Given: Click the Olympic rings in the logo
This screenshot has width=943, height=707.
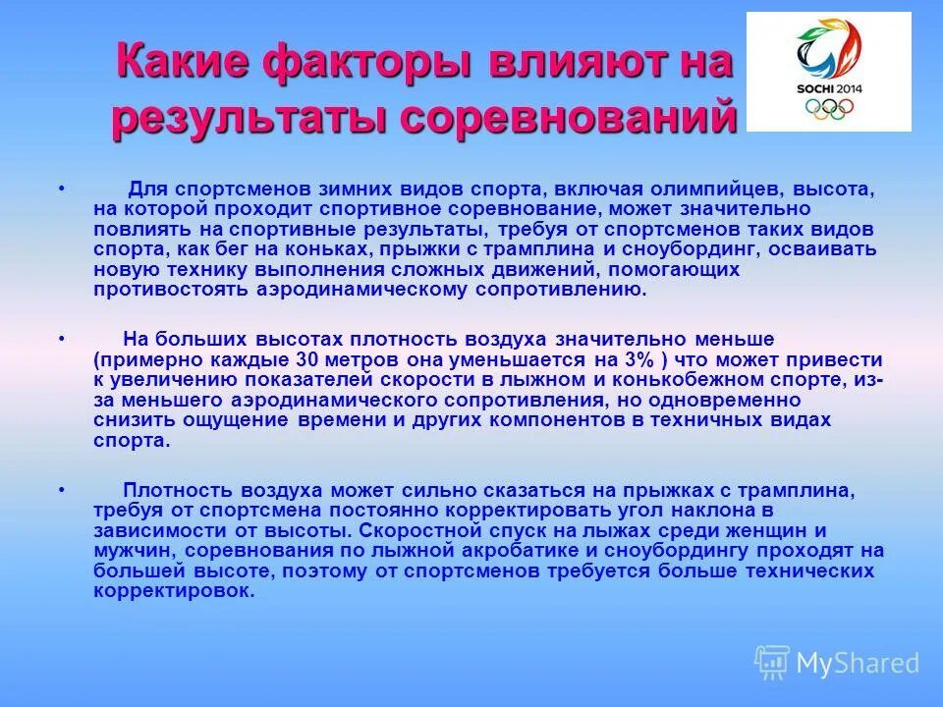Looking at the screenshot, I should (830, 108).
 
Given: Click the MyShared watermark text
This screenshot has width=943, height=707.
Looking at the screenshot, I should (858, 664).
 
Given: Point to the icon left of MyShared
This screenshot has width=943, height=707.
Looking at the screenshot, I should (772, 663).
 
